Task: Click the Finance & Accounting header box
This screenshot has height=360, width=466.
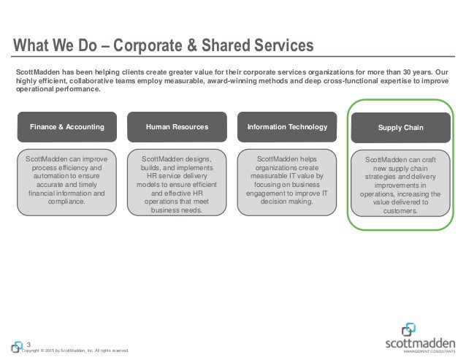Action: [x=67, y=127]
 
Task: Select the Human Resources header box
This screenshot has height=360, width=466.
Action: [x=177, y=127]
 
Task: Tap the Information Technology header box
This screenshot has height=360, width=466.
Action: [x=287, y=127]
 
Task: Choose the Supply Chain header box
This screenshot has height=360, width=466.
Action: [x=400, y=128]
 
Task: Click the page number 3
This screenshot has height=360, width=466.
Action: [x=29, y=344]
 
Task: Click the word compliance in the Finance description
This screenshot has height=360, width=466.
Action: [x=66, y=202]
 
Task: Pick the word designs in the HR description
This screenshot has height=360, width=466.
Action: [x=193, y=158]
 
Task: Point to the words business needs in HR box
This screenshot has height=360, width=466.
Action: [x=177, y=211]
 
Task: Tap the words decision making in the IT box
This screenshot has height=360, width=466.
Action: [x=287, y=202]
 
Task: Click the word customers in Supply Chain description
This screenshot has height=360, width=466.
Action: [x=400, y=212]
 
